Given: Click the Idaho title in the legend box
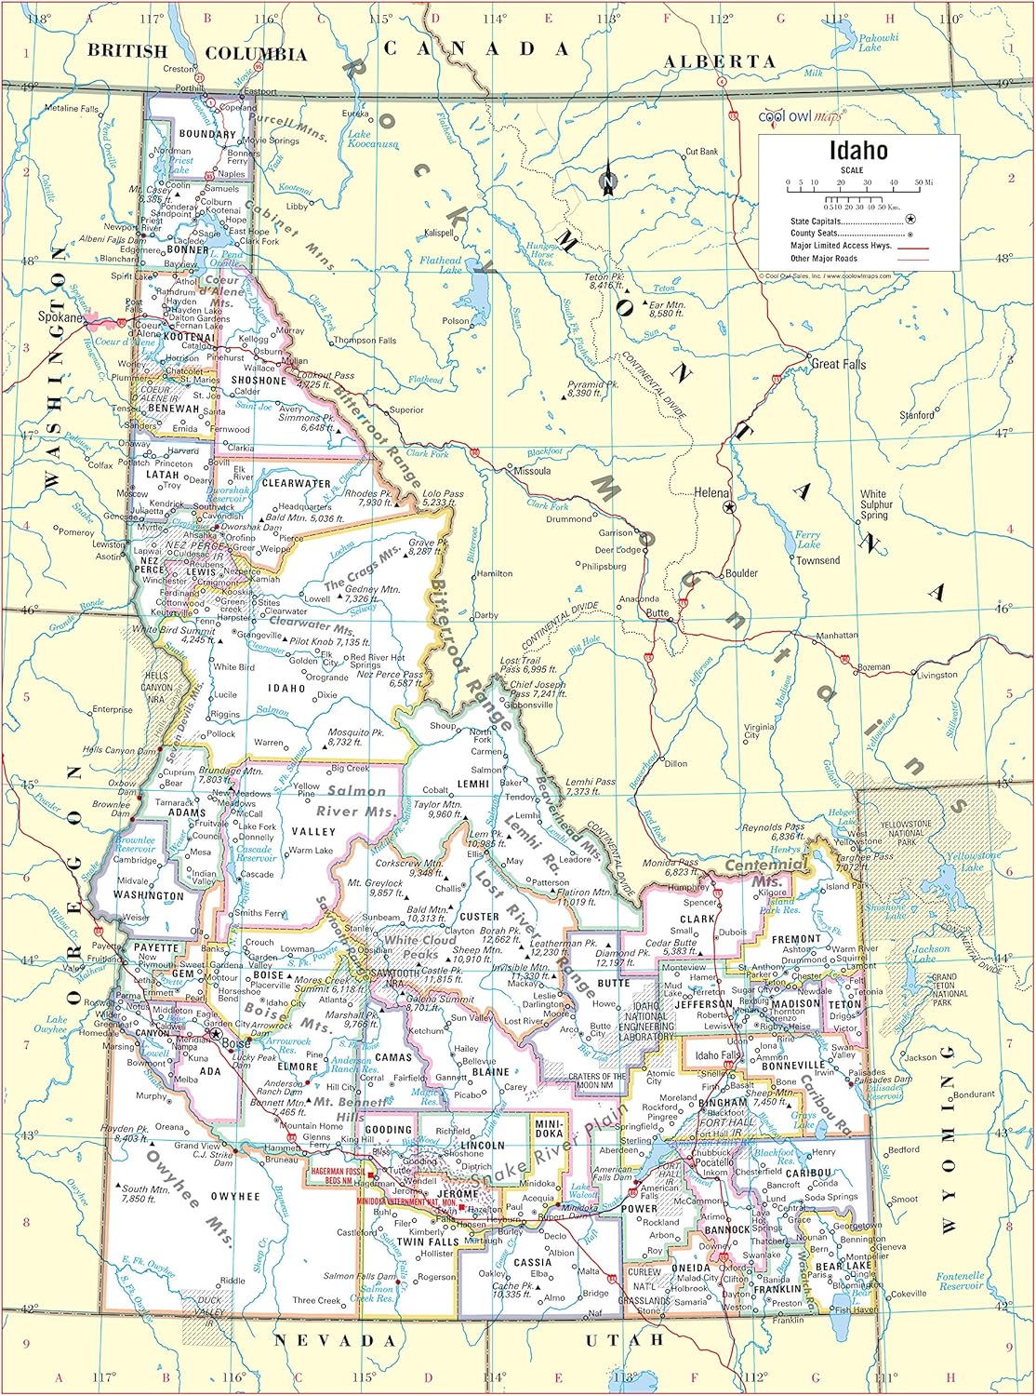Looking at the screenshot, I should pos(858,151).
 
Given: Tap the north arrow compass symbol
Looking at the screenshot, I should pos(607,178).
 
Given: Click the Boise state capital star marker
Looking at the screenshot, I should pos(217,1033).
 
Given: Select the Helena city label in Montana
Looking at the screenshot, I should pos(711,492).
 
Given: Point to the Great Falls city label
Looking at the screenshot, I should pos(838,364).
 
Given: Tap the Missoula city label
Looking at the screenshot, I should pos(532,471).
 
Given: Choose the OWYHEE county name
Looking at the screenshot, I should pos(234,1196).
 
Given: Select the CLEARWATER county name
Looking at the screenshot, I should pos(296,484).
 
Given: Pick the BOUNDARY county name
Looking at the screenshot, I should pos(207,134).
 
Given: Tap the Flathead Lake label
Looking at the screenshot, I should pos(440,265).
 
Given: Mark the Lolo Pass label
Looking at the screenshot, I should pos(443,499).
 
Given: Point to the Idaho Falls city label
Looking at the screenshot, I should pos(719,1055).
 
